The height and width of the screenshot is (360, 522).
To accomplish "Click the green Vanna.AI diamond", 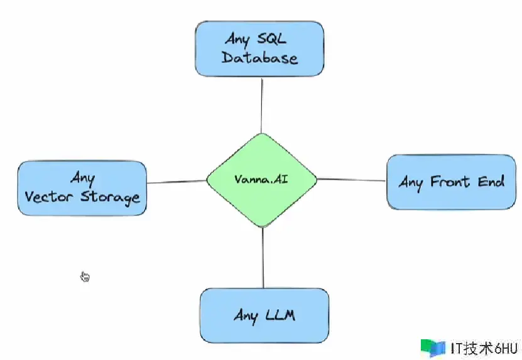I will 261,180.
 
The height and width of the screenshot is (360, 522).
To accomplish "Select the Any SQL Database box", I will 259,49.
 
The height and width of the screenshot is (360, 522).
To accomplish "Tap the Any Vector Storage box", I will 82,188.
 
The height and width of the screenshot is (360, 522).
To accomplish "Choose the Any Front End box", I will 452,182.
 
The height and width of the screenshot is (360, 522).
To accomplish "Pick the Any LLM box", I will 264,314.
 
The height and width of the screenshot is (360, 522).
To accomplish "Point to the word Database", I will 259,58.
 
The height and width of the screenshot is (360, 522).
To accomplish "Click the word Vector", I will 51,197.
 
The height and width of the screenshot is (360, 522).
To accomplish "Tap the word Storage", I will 111,197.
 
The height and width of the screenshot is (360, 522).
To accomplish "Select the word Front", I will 450,182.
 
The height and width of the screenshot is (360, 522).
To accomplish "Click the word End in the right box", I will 489,182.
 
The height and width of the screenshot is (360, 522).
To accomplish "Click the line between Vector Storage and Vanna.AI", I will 177,182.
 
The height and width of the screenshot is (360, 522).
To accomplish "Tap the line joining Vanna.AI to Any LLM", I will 263,258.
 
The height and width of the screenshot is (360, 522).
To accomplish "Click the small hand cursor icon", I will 85,276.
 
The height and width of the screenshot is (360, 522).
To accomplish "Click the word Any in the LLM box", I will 246,315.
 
